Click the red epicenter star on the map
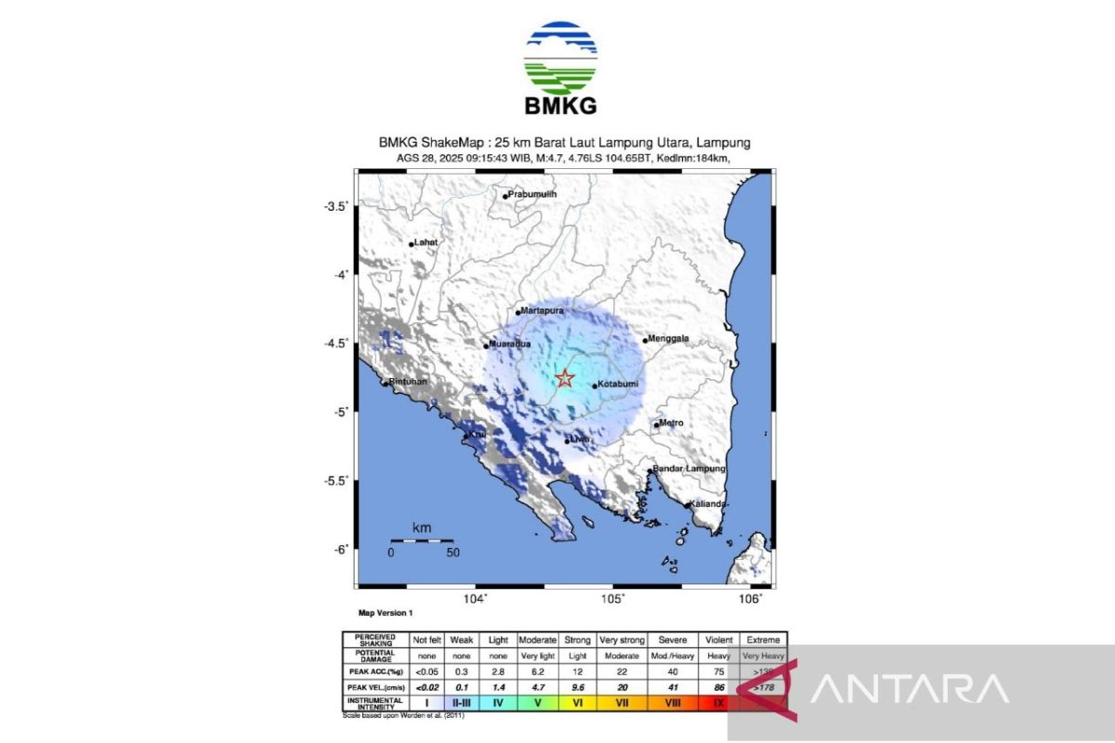[564, 378]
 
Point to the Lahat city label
[426, 242]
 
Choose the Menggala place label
[669, 339]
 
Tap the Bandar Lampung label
[689, 469]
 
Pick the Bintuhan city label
[408, 382]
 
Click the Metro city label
[671, 424]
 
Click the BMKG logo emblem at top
[560, 58]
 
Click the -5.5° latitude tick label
[335, 480]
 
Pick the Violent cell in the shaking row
[719, 640]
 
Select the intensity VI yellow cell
[576, 703]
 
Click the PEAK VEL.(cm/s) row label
[374, 686]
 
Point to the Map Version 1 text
[385, 614]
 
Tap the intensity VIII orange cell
[670, 703]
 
